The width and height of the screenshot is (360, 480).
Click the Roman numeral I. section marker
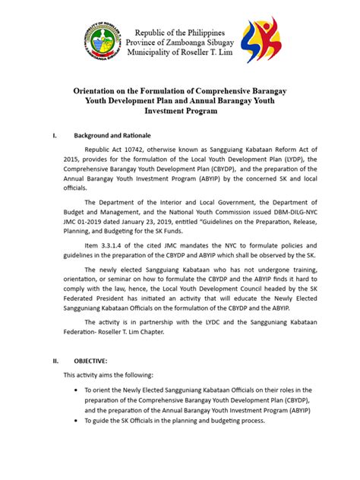(54, 136)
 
